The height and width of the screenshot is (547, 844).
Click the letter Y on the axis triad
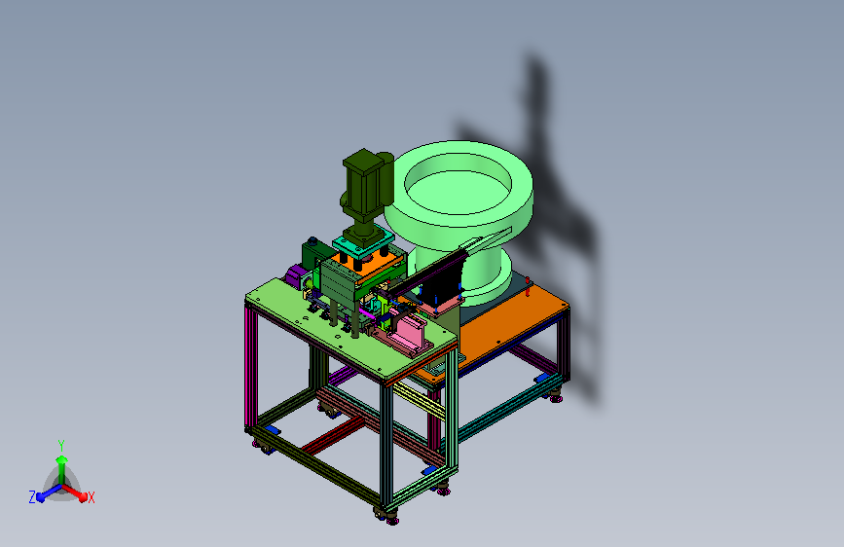[x=61, y=445]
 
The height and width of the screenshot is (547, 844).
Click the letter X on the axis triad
[x=91, y=497]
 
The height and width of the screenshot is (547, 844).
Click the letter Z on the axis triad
[x=32, y=497]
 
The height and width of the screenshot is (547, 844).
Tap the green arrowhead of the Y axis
[x=62, y=459]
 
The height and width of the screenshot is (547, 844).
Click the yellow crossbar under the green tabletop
[x=419, y=401]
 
